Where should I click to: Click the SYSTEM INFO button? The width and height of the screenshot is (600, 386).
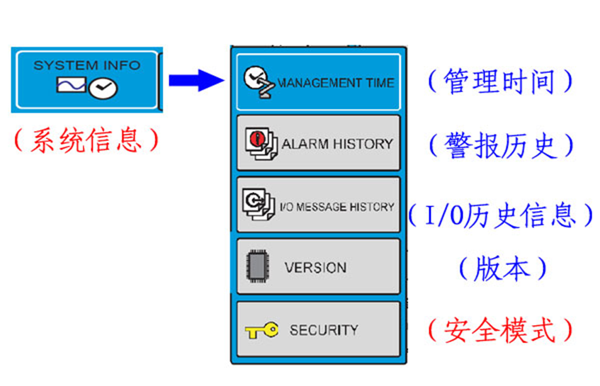[86, 79]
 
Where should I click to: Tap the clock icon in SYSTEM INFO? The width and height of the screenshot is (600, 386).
[104, 89]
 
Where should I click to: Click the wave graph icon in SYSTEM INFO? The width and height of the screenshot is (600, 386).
[71, 86]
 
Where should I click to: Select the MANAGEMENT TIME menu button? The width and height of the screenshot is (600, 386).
[318, 81]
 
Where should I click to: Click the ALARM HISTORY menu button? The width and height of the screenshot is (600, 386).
[318, 144]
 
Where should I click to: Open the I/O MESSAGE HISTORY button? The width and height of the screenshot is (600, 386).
[318, 205]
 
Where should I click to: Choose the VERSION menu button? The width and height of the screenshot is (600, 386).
[318, 267]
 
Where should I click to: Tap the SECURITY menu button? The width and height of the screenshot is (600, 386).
[318, 329]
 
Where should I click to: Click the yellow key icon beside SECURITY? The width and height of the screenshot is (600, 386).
[261, 330]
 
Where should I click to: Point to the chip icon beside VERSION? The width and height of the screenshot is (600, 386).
[254, 268]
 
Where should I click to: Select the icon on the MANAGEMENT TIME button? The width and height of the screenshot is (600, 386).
[258, 82]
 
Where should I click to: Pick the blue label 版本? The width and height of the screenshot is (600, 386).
[502, 268]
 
